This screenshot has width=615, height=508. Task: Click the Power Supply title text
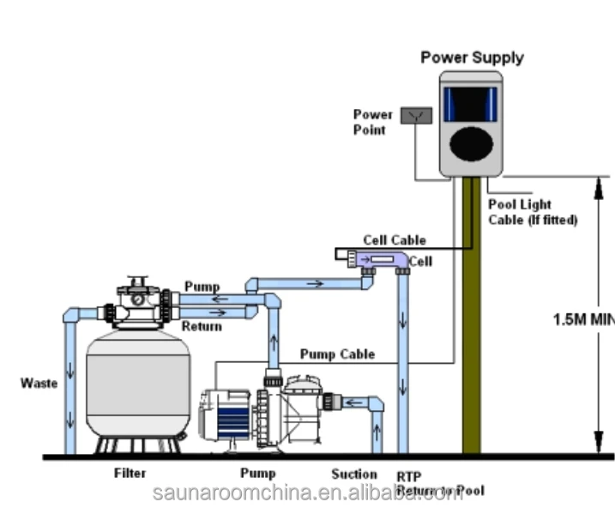[472, 58]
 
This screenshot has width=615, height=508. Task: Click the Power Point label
[373, 122]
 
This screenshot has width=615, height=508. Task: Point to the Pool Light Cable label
[532, 212]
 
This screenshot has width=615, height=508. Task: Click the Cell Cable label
[394, 240]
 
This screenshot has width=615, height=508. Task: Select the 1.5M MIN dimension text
[582, 319]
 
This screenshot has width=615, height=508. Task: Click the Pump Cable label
[337, 354]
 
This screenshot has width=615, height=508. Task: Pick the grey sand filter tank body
[138, 386]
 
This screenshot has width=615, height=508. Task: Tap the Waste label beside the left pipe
[39, 383]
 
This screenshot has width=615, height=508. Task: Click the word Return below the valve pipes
[201, 326]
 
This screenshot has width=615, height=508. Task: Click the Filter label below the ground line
[130, 473]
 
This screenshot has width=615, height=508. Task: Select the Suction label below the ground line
[354, 474]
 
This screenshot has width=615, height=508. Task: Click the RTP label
[408, 475]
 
